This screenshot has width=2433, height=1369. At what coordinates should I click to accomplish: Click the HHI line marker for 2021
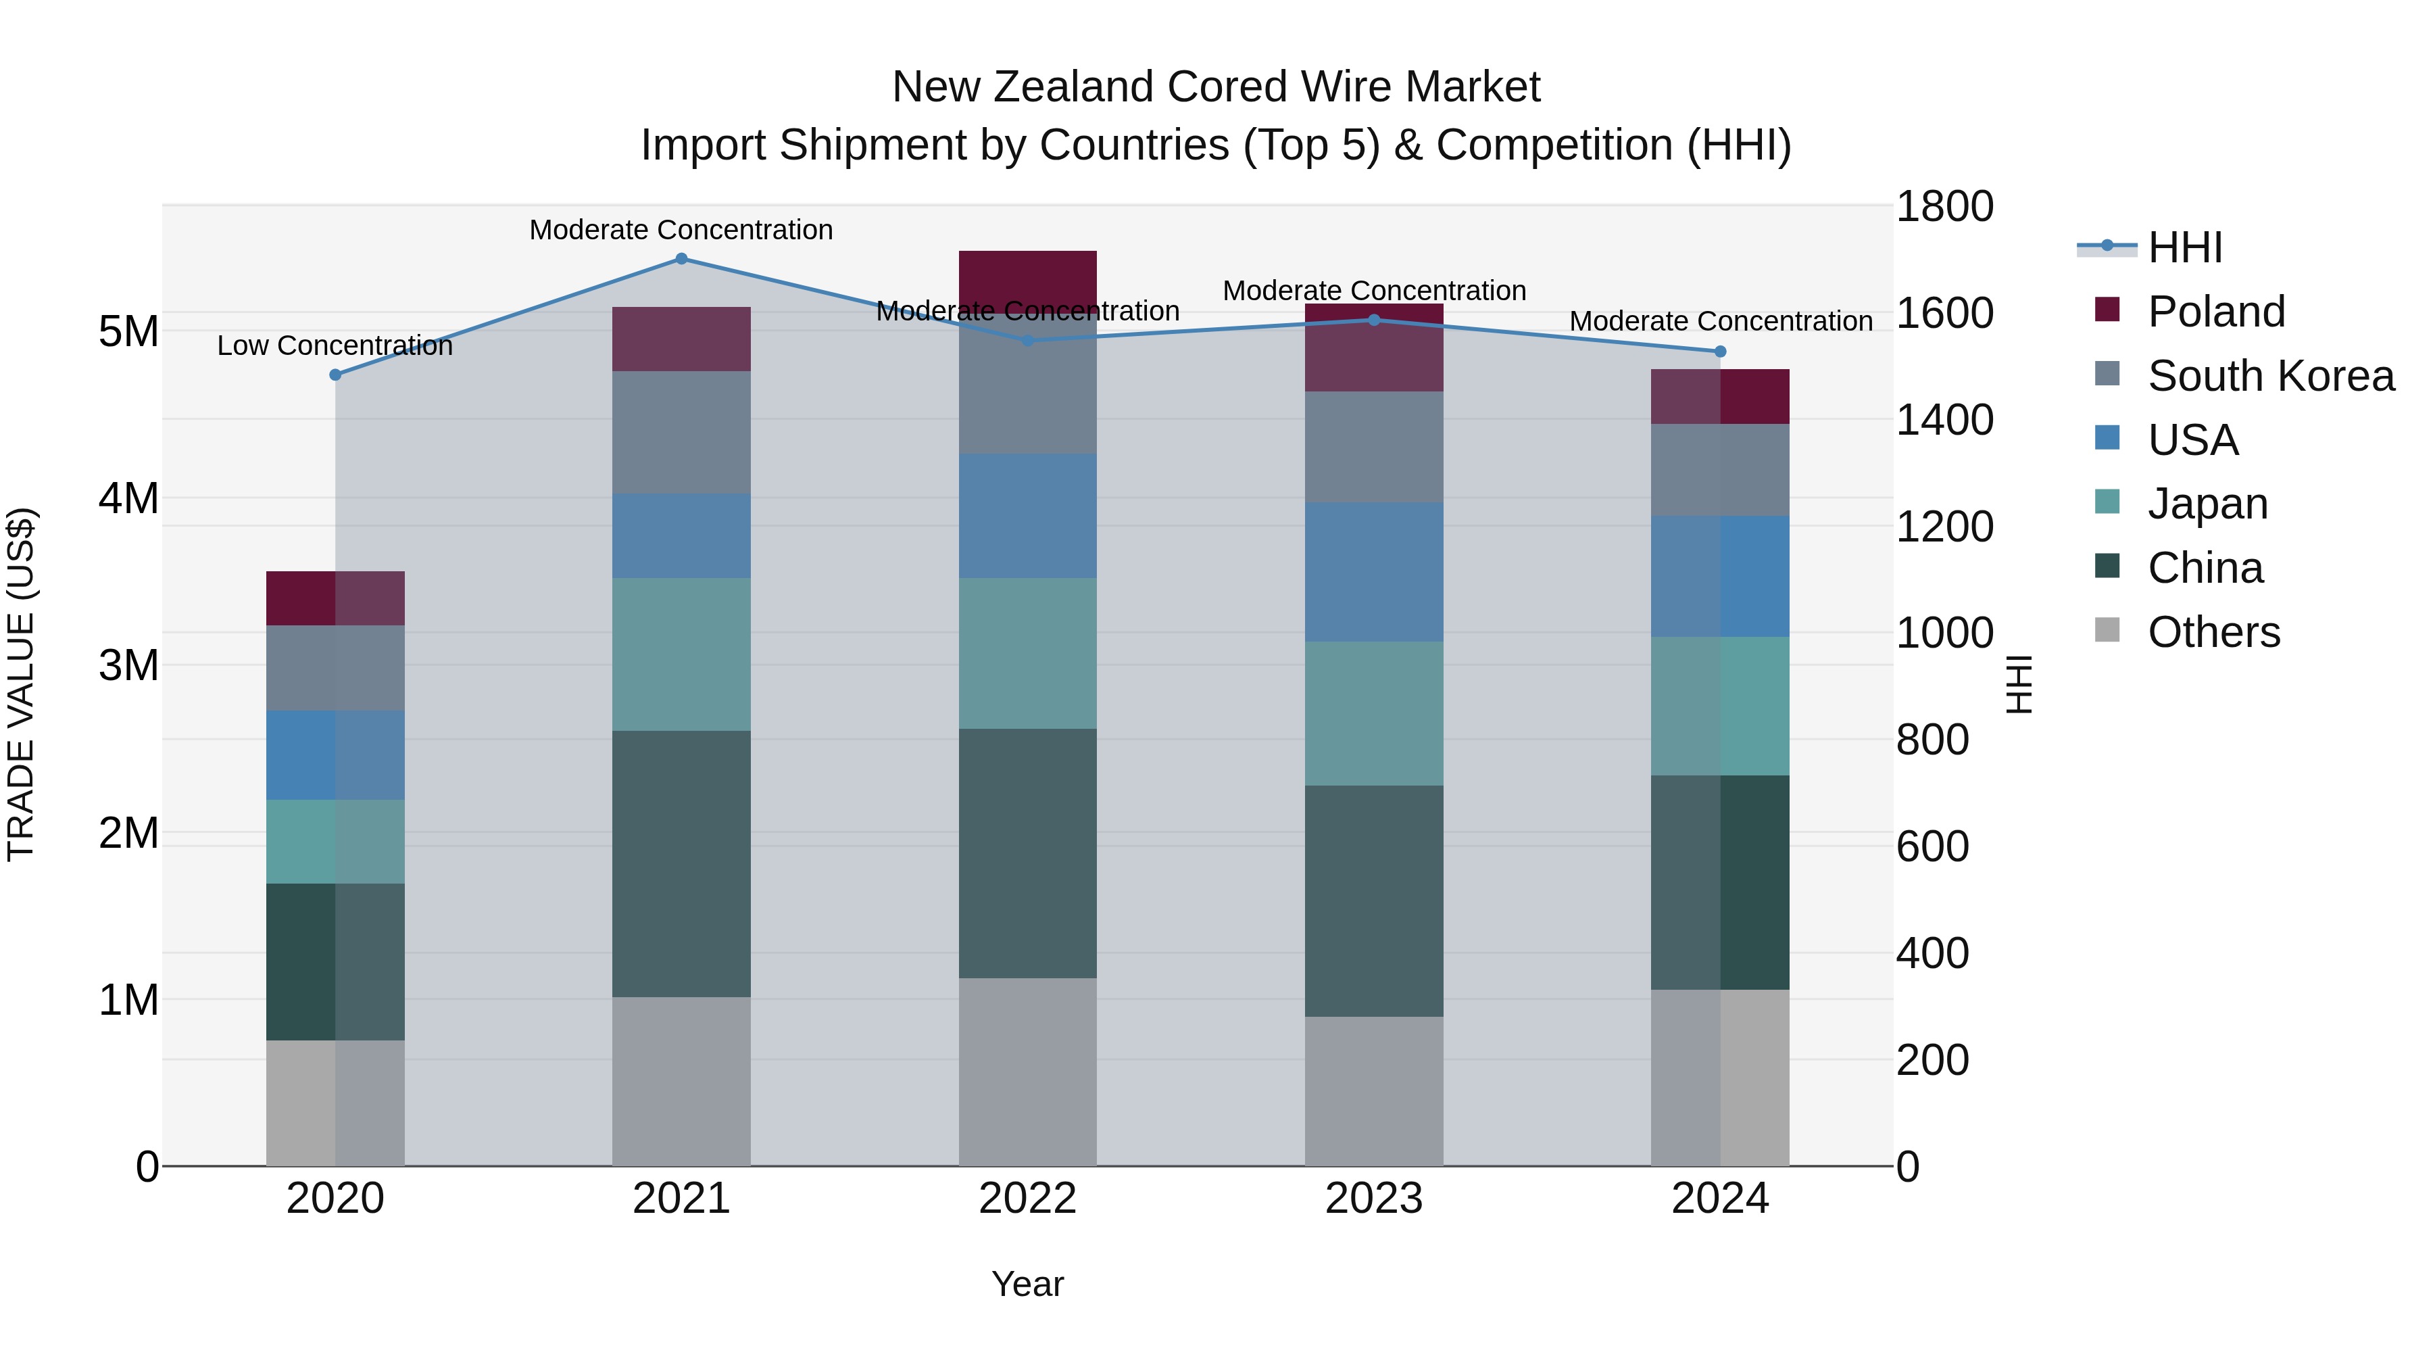pyautogui.click(x=681, y=259)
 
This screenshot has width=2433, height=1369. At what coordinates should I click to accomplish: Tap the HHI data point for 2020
pyautogui.click(x=335, y=375)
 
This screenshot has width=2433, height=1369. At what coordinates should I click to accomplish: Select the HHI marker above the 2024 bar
pyautogui.click(x=1720, y=352)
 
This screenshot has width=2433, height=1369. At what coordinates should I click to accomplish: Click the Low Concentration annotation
pyautogui.click(x=335, y=345)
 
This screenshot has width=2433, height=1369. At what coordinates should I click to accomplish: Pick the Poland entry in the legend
pyautogui.click(x=2216, y=312)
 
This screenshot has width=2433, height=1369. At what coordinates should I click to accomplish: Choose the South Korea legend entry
pyautogui.click(x=2271, y=376)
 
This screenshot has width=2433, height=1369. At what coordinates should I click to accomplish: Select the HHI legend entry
pyautogui.click(x=2184, y=247)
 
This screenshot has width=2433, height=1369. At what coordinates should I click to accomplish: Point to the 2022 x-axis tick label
pyautogui.click(x=1027, y=1199)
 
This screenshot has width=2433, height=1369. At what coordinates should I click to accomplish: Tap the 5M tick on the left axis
pyautogui.click(x=128, y=332)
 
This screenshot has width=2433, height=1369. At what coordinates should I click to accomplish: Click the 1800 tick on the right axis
pyautogui.click(x=1944, y=207)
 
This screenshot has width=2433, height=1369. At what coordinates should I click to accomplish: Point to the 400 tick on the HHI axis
pyautogui.click(x=1932, y=953)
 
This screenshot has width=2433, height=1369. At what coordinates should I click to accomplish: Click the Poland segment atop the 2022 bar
pyautogui.click(x=1027, y=281)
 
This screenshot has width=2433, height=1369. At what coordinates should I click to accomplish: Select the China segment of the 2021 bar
pyautogui.click(x=681, y=863)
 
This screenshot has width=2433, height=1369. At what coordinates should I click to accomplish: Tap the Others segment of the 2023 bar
pyautogui.click(x=1373, y=1091)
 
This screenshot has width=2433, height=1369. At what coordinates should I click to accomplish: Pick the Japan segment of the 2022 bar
pyautogui.click(x=1027, y=653)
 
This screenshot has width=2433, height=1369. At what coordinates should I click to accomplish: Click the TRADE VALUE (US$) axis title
pyautogui.click(x=21, y=684)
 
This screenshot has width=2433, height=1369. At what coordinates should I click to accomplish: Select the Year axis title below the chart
pyautogui.click(x=1027, y=1284)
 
